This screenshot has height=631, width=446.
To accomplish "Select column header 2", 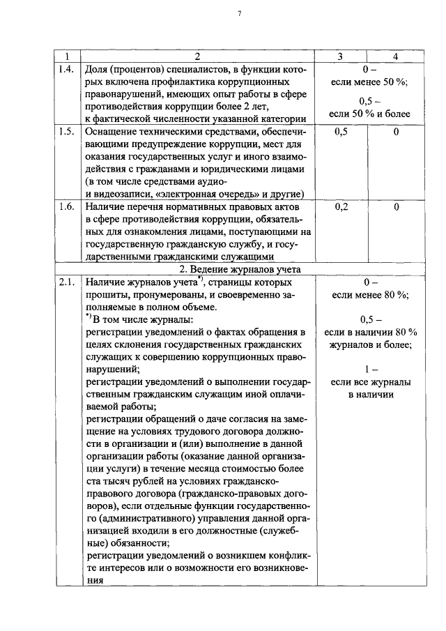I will (x=197, y=56).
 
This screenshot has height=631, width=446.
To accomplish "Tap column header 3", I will (x=341, y=56).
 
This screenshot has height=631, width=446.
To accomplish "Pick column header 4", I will (x=395, y=56).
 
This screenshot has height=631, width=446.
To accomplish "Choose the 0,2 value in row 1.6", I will (x=341, y=207).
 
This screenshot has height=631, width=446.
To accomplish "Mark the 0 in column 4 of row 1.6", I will (x=395, y=207).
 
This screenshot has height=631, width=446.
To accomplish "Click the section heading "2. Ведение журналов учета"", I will (x=231, y=270).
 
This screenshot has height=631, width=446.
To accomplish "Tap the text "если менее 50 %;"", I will (x=369, y=82).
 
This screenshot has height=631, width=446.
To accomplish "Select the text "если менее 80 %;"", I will (x=369, y=295).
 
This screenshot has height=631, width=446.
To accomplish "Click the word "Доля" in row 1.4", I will (x=98, y=70).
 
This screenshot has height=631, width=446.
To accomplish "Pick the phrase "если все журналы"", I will (x=370, y=382).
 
